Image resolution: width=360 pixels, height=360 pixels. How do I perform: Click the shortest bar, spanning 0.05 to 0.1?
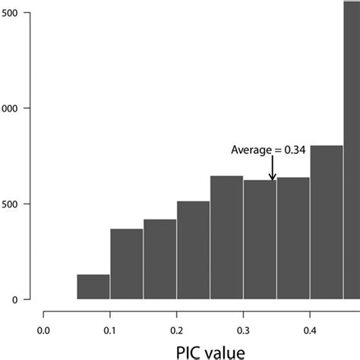[93, 287]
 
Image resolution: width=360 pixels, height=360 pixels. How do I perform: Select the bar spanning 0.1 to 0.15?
[127, 264]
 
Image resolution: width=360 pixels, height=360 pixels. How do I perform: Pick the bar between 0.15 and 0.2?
[159, 260]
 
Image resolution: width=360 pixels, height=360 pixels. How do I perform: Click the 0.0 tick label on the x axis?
[44, 330]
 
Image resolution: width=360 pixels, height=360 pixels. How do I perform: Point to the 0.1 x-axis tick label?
[110, 330]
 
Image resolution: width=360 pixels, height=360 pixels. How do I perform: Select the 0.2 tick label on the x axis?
[177, 330]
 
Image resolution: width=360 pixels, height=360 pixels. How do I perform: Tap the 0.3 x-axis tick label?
[243, 330]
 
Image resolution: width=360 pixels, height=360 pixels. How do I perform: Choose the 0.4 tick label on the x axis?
[310, 330]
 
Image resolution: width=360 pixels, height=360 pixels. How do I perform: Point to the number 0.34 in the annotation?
[294, 150]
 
